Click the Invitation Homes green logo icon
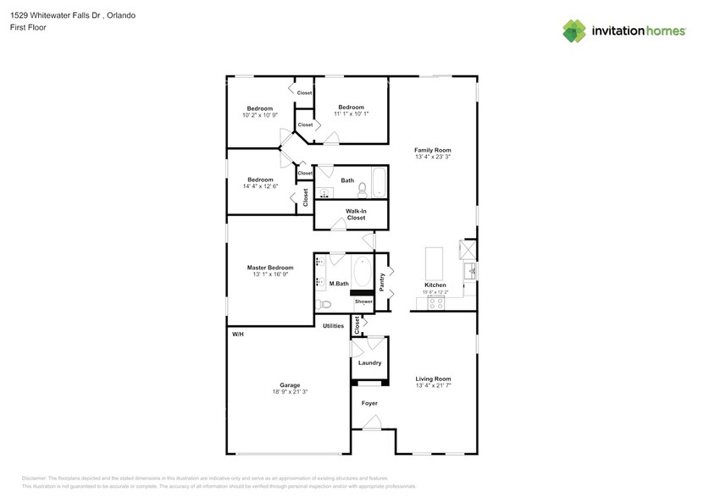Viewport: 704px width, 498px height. click(x=574, y=30)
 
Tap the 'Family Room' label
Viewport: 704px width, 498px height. click(x=432, y=150)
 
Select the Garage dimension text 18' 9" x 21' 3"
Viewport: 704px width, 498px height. click(x=290, y=392)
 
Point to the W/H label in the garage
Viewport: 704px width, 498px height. click(x=238, y=335)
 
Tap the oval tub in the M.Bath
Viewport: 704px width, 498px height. click(x=363, y=272)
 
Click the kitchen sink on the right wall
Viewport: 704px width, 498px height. click(x=469, y=272)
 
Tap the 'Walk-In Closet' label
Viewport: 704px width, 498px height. click(x=356, y=214)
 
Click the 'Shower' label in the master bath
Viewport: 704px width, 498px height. click(x=363, y=302)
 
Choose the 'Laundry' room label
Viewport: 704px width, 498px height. click(x=369, y=362)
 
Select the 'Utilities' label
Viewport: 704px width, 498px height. click(x=333, y=326)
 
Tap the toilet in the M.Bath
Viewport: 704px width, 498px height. click(x=324, y=304)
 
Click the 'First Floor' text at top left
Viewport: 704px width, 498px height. click(x=28, y=28)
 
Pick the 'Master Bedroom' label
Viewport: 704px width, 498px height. click(x=270, y=268)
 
